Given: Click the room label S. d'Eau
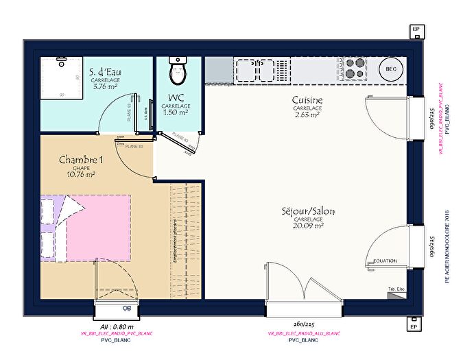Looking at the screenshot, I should tap(106, 71).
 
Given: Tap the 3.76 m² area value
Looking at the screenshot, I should tap(106, 86).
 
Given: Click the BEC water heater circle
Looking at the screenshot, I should tap(391, 69).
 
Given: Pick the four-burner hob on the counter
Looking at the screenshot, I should tap(354, 69).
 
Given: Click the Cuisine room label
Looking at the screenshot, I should tap(307, 101).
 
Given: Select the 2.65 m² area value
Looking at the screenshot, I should tap(307, 115).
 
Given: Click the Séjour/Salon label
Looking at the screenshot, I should tap(307, 211).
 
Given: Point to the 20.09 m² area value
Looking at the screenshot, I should tap(307, 226).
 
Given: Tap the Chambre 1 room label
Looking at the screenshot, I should tap(81, 160).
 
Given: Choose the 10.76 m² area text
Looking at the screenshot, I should tap(81, 174).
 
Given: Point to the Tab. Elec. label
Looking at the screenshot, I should tap(396, 288).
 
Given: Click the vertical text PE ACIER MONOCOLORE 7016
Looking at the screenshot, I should tap(447, 247).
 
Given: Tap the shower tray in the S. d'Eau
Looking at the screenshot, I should tap(61, 79).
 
